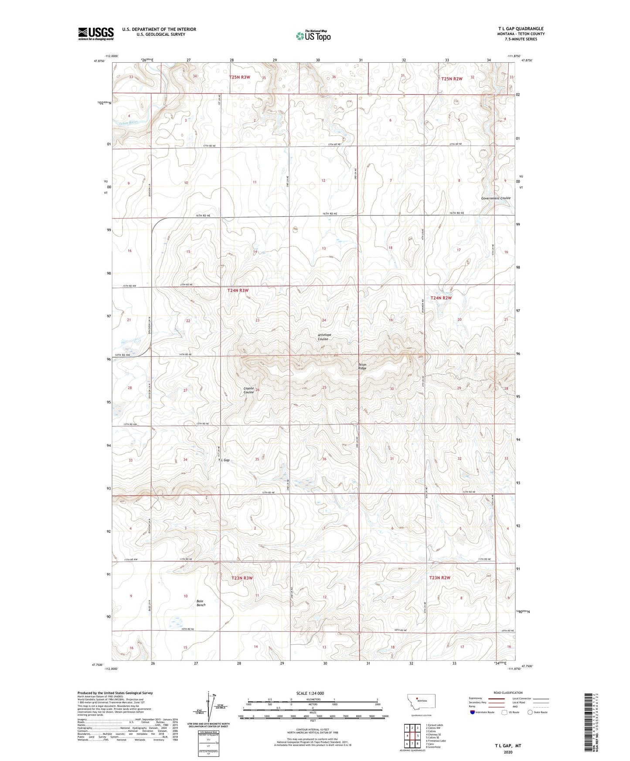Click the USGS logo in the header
pyautogui.click(x=96, y=33)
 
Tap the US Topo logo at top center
pyautogui.click(x=313, y=36)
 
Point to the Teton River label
pyautogui.click(x=128, y=122)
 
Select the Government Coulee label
pyautogui.click(x=495, y=198)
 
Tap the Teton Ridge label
pyautogui.click(x=363, y=366)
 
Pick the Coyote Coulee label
pyautogui.click(x=249, y=390)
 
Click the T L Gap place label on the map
pyautogui.click(x=224, y=460)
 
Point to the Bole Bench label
pyautogui.click(x=201, y=603)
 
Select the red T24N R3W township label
pyautogui.click(x=238, y=290)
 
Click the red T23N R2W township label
pyautogui.click(x=439, y=578)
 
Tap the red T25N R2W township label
pyautogui.click(x=451, y=79)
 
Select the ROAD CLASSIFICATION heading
pyautogui.click(x=508, y=692)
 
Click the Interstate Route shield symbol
pyautogui.click(x=473, y=712)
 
